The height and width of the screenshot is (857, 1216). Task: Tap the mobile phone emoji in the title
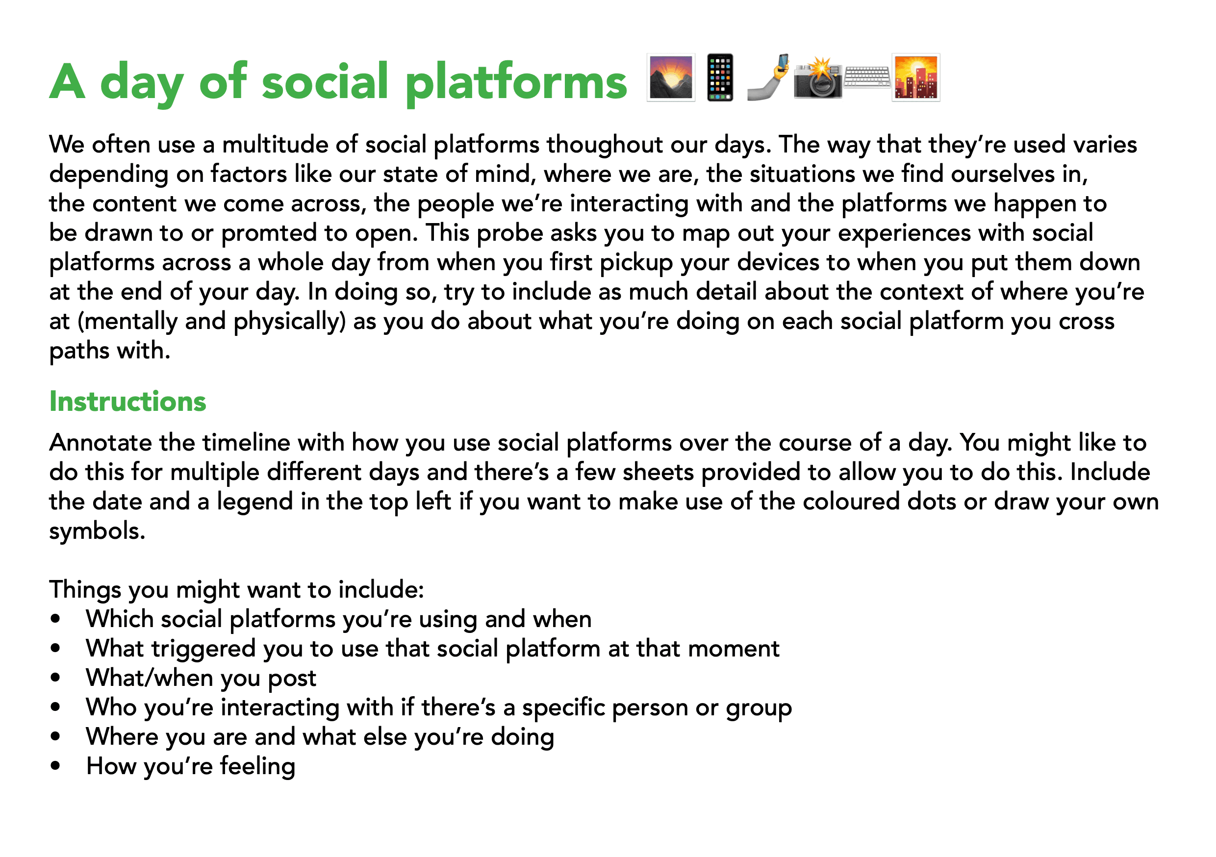pos(720,77)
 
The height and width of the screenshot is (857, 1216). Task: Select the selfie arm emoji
pos(768,77)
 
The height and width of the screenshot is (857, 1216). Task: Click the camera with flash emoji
pos(818,78)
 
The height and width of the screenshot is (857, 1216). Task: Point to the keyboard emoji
pos(867,77)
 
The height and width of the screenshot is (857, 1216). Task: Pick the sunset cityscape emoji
pos(916,77)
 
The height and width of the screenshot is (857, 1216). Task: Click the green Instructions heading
pos(127,402)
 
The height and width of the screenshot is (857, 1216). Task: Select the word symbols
pos(98,531)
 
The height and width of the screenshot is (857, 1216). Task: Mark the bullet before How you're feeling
pos(55,766)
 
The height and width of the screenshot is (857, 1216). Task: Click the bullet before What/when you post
pos(55,678)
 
